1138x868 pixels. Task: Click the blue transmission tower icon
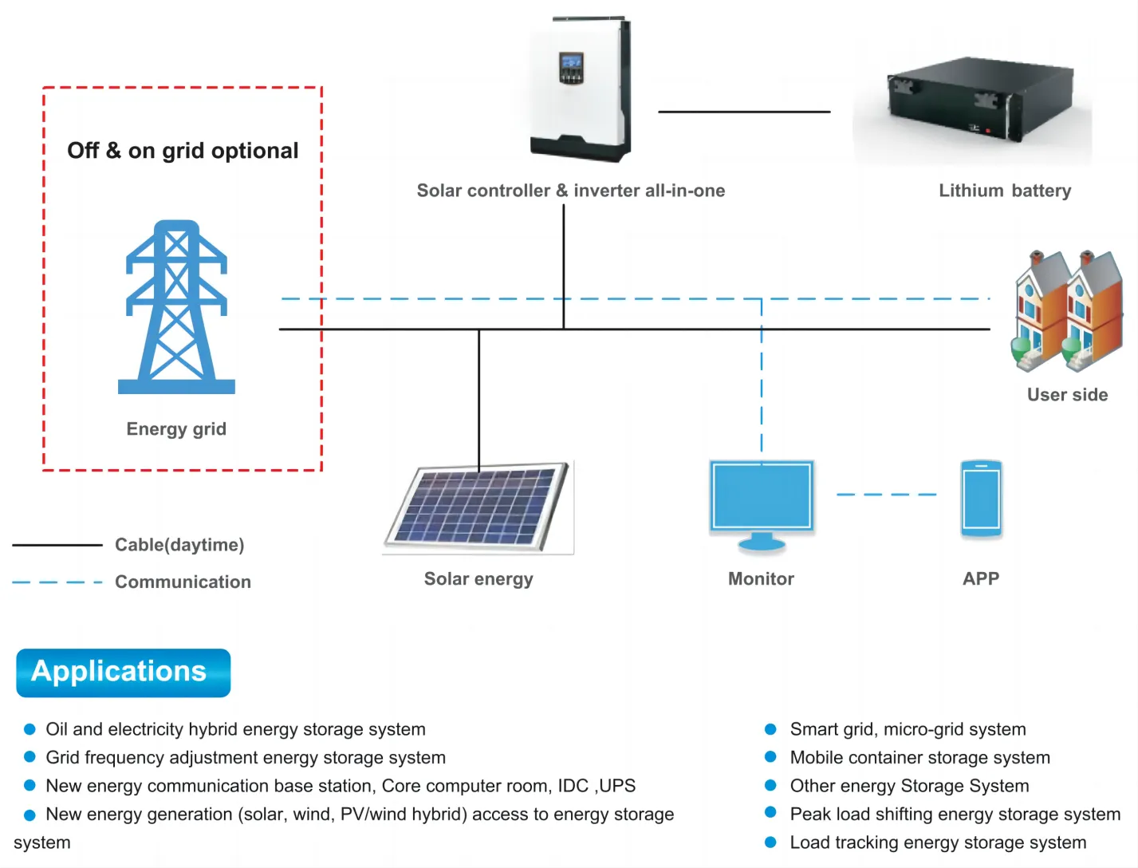click(176, 307)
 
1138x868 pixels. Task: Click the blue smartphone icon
click(981, 499)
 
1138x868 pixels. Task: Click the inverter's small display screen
click(571, 64)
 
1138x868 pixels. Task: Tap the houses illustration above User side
click(1068, 311)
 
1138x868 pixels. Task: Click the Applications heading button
click(123, 672)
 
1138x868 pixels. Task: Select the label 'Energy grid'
click(176, 429)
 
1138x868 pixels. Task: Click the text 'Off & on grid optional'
click(183, 151)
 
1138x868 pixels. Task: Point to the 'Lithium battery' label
click(1004, 191)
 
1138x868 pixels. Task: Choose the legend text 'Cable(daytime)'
click(179, 545)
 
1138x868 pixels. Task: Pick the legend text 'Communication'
click(183, 582)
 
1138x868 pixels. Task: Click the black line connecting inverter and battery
click(743, 112)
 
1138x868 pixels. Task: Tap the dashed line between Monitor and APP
click(886, 495)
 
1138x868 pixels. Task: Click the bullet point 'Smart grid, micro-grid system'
click(908, 729)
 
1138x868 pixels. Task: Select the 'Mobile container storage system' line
click(919, 758)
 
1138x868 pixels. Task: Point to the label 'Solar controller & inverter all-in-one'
click(571, 191)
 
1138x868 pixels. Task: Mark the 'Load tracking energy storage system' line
click(938, 842)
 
